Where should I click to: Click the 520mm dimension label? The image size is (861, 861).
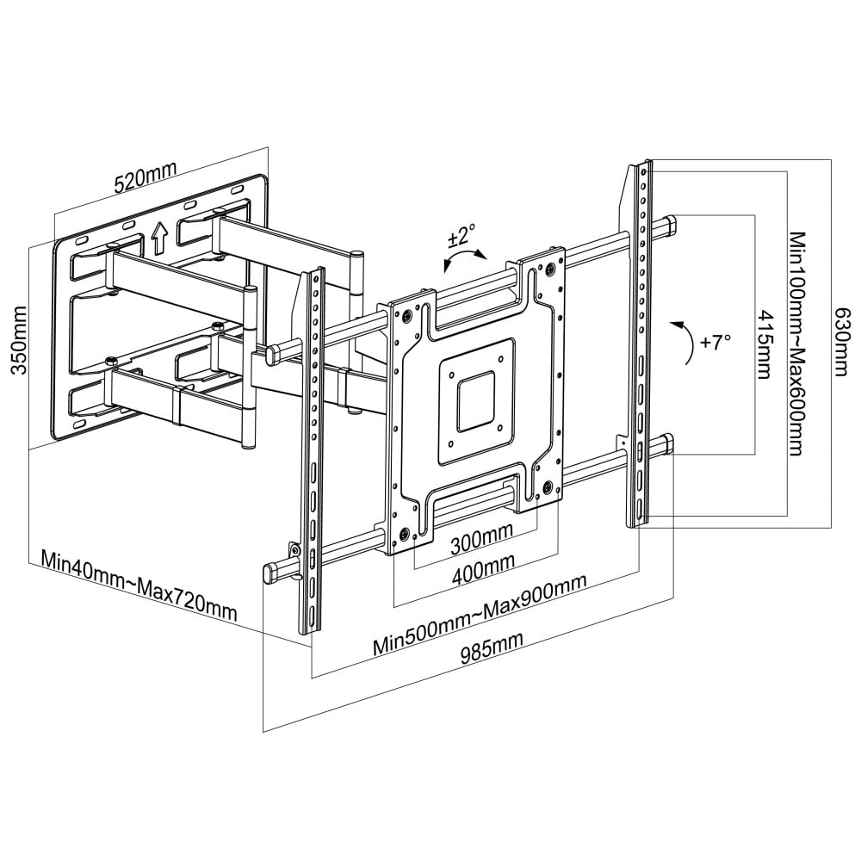coord(143,179)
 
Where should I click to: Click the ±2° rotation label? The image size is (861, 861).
coord(461,234)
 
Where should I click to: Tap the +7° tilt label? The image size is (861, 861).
coord(715,342)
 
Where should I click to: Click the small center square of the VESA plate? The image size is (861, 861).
coord(477,400)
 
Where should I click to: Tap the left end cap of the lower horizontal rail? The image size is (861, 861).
coord(271,571)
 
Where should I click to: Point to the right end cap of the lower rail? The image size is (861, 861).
coord(670,444)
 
